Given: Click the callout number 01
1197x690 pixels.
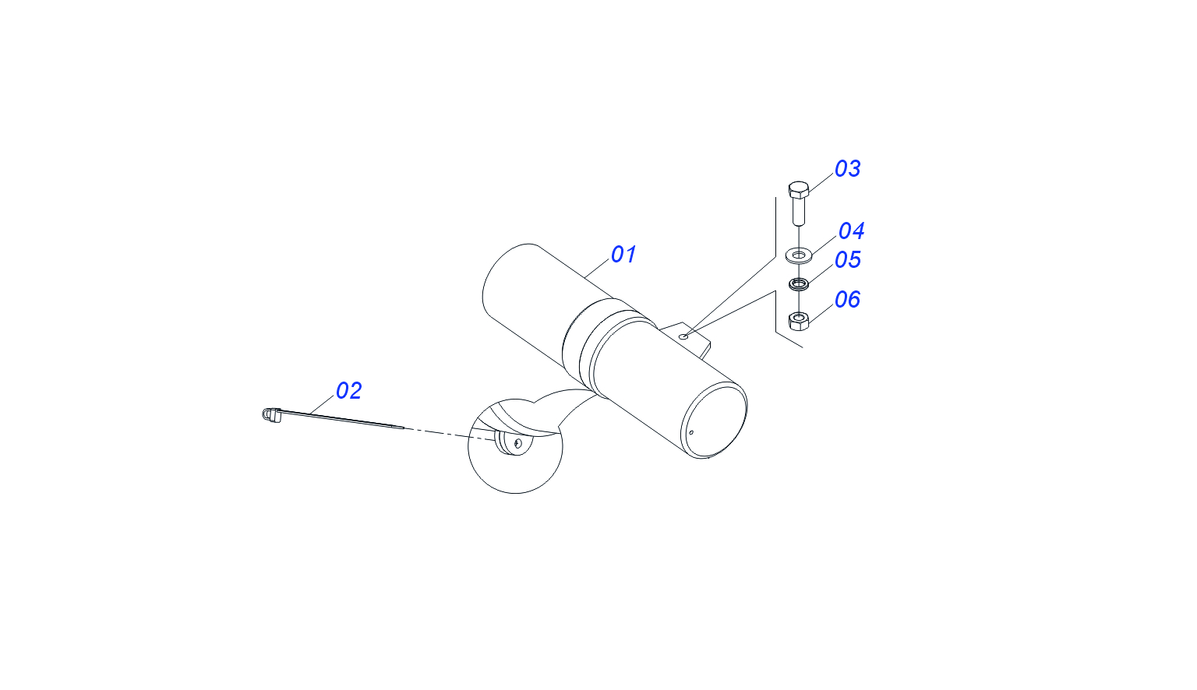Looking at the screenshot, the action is coord(623,254).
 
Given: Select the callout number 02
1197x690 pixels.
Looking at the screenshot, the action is coord(348,391).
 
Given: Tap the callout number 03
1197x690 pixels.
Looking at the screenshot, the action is coord(848,169).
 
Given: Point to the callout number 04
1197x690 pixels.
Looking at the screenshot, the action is coord(851,231).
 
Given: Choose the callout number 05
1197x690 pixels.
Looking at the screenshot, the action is coord(848,260).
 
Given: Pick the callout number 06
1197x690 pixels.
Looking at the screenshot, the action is coord(847,300).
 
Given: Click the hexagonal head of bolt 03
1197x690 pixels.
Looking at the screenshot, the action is coord(798,189).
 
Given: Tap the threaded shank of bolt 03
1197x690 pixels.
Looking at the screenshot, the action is coord(798,210).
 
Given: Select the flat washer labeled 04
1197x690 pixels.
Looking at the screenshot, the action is coord(798,255).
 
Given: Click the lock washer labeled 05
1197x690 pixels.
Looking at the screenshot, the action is coord(798,283).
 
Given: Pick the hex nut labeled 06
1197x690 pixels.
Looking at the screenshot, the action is coord(798,321).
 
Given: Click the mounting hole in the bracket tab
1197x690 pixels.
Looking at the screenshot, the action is coord(683,336).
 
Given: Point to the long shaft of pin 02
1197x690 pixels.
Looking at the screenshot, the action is coord(342,419).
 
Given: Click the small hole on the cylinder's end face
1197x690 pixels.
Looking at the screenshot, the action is coord(691,432).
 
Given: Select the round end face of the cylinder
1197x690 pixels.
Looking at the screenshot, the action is coord(714,421).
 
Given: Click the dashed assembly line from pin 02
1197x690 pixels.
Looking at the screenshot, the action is coord(449,434).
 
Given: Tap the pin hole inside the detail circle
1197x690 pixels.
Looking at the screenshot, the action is coord(517,442).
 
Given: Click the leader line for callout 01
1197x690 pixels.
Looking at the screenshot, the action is coord(597,269).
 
